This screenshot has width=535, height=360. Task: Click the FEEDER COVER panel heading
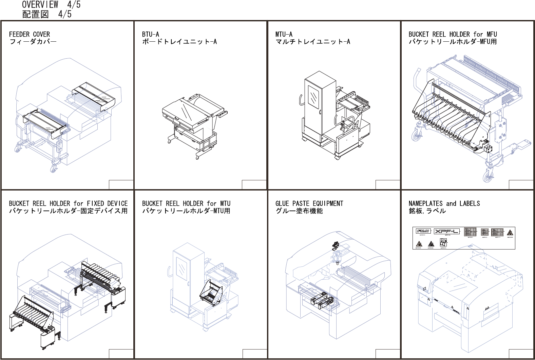[29, 34]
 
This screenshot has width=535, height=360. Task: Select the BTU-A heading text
[150, 34]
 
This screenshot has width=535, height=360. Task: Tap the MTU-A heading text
[284, 34]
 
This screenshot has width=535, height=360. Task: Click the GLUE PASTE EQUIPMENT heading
[309, 203]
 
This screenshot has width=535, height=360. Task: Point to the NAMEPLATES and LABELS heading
[444, 203]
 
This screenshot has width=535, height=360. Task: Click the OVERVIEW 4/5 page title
[51, 5]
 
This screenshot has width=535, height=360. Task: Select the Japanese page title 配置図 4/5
[46, 14]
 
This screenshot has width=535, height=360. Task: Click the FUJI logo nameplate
[423, 231]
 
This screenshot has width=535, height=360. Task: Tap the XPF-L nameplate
[447, 232]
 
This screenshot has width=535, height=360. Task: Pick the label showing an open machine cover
[443, 242]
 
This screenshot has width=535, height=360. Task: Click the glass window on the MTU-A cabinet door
[313, 97]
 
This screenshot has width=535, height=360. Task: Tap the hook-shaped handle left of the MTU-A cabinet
[300, 100]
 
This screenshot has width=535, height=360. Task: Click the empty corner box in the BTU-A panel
[254, 185]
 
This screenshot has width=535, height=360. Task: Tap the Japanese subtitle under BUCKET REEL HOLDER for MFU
[452, 42]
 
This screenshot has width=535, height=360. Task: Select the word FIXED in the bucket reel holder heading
[95, 203]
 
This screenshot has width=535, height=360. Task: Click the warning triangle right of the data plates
[510, 233]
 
